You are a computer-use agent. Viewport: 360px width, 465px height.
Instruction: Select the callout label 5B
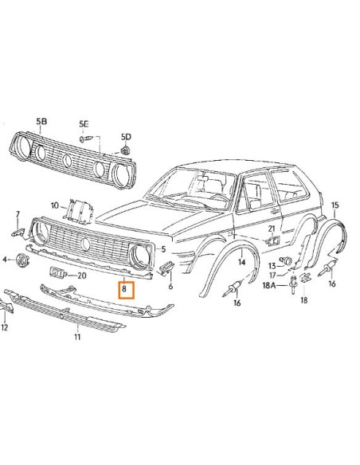pyautogui.click(x=41, y=122)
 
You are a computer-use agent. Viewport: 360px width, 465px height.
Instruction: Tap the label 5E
pyautogui.click(x=84, y=123)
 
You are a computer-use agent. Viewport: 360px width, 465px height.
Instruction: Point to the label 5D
pyautogui.click(x=127, y=137)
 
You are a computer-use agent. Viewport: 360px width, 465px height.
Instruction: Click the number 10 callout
pyautogui.click(x=54, y=205)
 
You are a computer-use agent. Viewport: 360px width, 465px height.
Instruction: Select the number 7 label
pyautogui.click(x=18, y=215)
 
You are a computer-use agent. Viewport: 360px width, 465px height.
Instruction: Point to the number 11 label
pyautogui.click(x=77, y=337)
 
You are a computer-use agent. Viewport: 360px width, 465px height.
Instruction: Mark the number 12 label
pyautogui.click(x=6, y=326)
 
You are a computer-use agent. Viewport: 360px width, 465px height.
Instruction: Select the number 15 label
pyautogui.click(x=335, y=205)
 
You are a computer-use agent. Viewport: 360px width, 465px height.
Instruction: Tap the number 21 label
pyautogui.click(x=272, y=229)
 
